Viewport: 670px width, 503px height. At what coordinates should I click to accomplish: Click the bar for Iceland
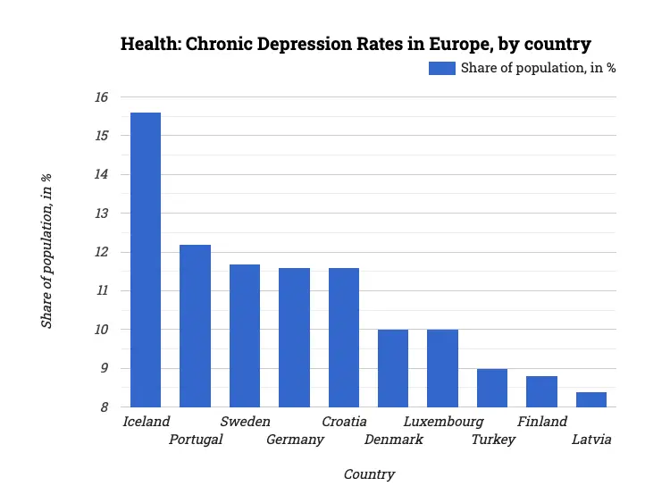tap(146, 260)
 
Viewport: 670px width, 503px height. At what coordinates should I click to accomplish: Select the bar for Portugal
tap(195, 326)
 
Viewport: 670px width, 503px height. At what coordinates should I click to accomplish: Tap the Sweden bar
tap(245, 336)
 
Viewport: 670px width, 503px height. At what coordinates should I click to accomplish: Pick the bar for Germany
tap(294, 338)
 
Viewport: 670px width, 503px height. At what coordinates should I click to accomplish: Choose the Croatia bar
tap(344, 338)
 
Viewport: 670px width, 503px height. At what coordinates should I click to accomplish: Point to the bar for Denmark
tap(393, 368)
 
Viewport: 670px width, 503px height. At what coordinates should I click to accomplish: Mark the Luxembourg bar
tap(442, 368)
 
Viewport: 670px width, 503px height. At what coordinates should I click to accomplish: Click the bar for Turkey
tap(492, 388)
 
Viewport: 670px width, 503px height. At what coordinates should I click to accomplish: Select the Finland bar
tap(541, 391)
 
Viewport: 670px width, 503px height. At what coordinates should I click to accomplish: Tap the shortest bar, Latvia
tap(591, 399)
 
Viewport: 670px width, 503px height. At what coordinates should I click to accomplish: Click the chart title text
tap(356, 44)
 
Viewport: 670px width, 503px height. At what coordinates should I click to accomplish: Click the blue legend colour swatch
tap(442, 68)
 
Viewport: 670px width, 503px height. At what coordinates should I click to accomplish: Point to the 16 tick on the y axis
tap(101, 97)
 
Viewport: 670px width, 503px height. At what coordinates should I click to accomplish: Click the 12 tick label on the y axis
tap(101, 252)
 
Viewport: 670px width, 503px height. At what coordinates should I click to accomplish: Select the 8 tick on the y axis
tap(105, 407)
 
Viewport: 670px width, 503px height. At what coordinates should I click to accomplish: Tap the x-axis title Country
tap(369, 474)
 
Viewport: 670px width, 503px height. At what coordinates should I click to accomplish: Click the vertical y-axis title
tap(46, 251)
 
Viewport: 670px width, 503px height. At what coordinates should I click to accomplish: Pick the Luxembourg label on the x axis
tap(443, 421)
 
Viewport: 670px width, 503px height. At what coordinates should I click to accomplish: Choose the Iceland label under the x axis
tap(147, 421)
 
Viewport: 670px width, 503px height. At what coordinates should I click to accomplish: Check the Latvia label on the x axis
tap(591, 440)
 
